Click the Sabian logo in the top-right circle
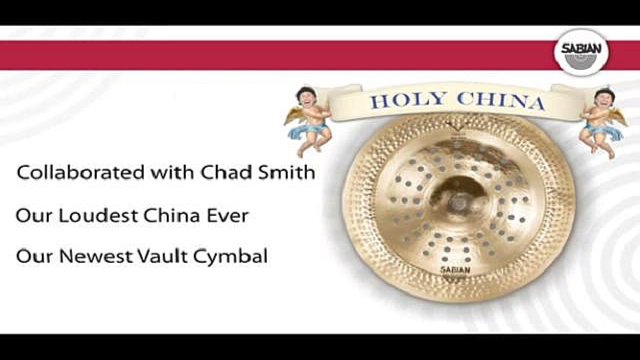tap(581, 52)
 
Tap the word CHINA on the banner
tap(500, 101)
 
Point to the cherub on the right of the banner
tap(603, 122)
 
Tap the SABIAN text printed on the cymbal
tap(455, 269)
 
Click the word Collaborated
tap(80, 172)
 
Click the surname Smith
tap(286, 172)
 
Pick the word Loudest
tap(98, 215)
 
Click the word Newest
tap(96, 256)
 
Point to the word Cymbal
tap(230, 256)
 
